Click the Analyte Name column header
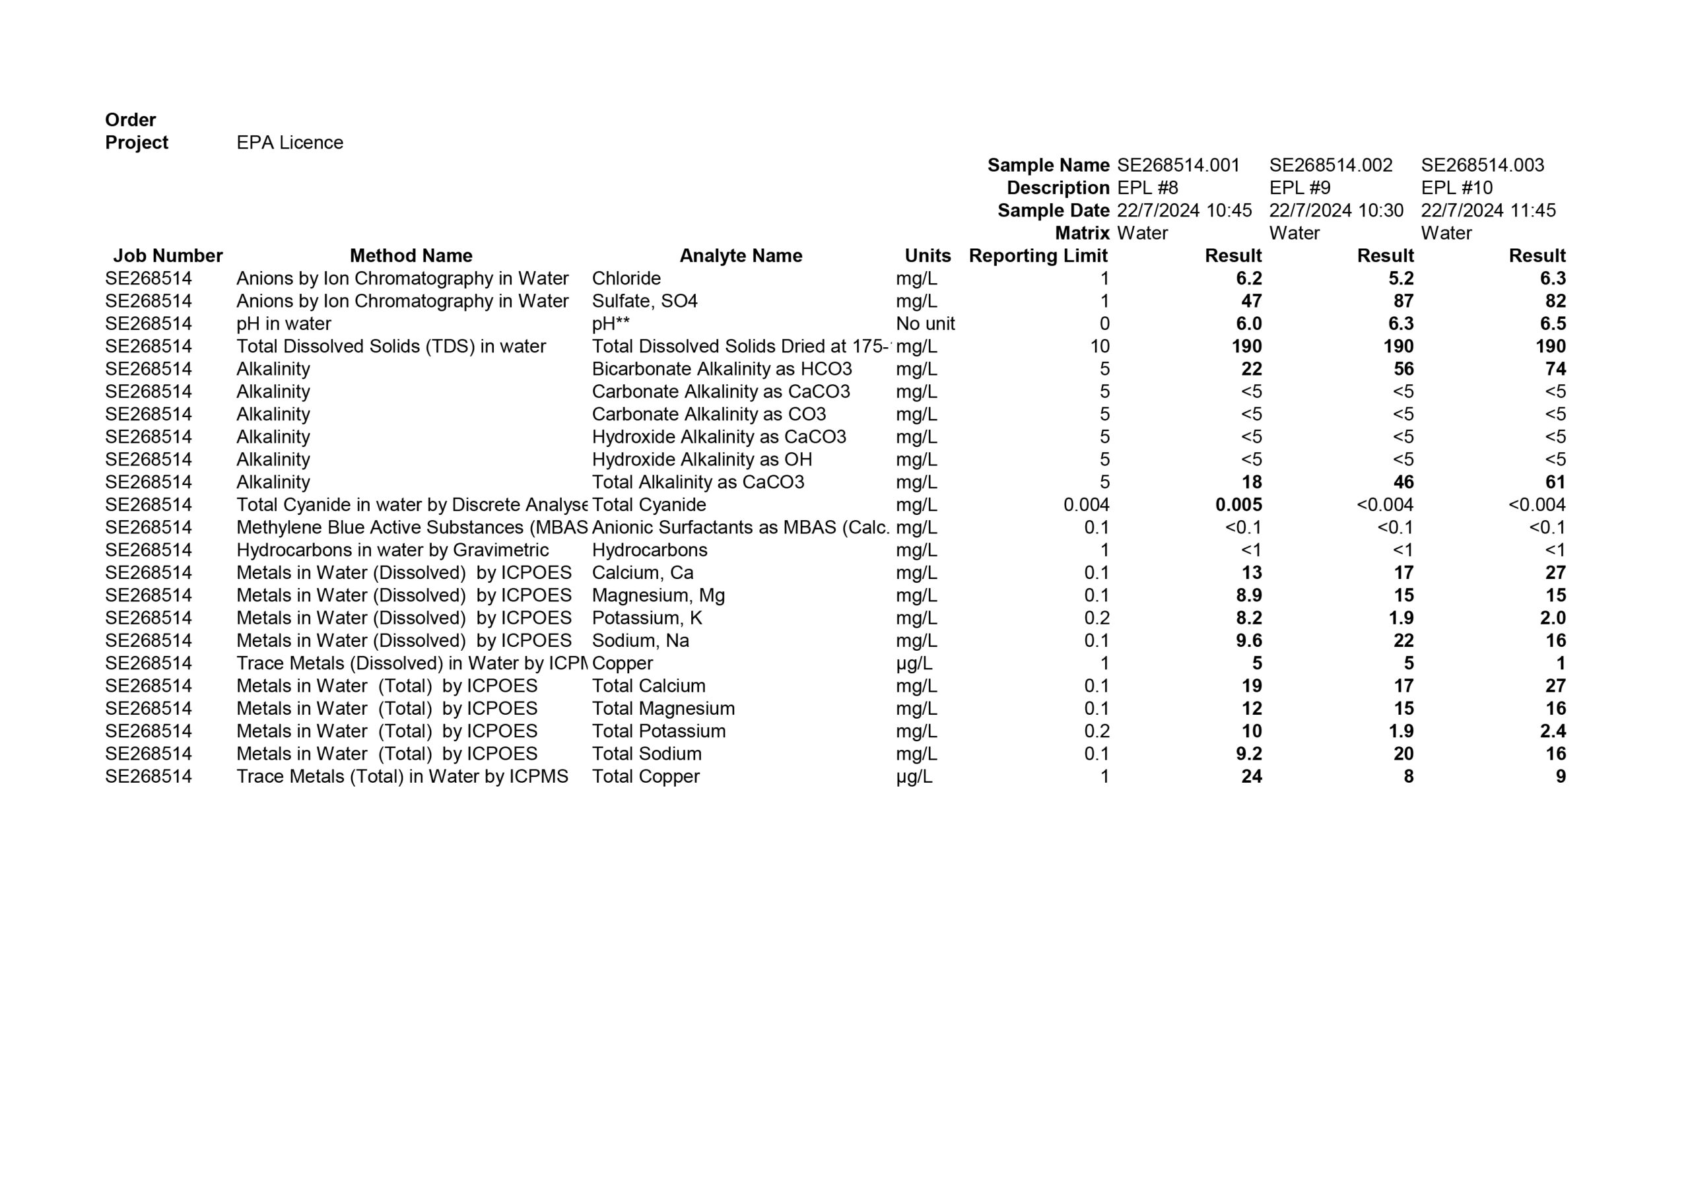[x=740, y=255]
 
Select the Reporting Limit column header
[x=1037, y=255]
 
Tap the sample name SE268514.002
[x=1330, y=165]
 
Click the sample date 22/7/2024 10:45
[x=1184, y=211]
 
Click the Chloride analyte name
[x=626, y=279]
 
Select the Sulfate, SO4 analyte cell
[x=644, y=301]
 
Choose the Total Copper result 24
[x=1250, y=777]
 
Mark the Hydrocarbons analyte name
[x=649, y=550]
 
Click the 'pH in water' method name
[x=283, y=324]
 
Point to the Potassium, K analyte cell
[x=646, y=618]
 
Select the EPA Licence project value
[x=289, y=143]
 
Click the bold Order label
[x=130, y=120]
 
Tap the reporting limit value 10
[x=1099, y=347]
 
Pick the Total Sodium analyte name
[x=646, y=754]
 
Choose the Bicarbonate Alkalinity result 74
[x=1555, y=369]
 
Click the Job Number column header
[x=167, y=255]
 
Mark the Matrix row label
[x=1081, y=234]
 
